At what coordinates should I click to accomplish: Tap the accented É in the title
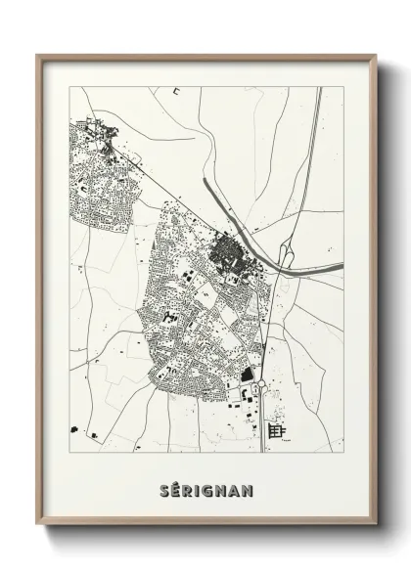172,488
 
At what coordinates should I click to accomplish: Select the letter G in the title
205,488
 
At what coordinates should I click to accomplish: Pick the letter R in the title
185,488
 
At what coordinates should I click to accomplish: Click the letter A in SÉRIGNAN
236,488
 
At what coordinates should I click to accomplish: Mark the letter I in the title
195,488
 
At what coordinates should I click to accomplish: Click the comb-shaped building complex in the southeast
277,430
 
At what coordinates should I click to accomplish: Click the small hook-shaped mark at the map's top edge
176,91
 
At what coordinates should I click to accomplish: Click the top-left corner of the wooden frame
37,56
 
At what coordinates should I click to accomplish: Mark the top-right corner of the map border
343,87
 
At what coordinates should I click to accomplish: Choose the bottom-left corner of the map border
67,452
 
